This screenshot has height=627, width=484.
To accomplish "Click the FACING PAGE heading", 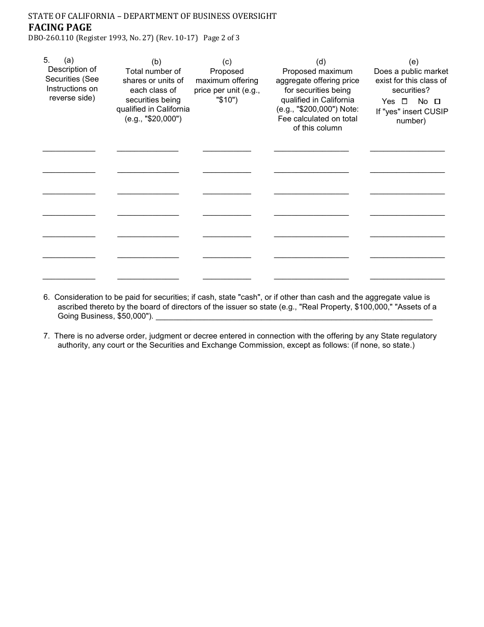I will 60,28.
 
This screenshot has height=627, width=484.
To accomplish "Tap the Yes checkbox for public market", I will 405,101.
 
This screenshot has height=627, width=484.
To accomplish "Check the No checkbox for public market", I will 437,101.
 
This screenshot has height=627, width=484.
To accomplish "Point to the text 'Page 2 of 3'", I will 221,38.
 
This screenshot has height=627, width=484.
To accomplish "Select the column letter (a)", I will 69,60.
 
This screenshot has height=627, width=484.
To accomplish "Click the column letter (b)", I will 156,62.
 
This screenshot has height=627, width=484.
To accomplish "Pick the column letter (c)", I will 227,62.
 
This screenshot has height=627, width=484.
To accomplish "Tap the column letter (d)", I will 321,62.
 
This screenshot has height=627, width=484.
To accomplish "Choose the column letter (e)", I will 414,62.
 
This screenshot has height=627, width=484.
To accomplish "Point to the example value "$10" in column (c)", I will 227,100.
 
